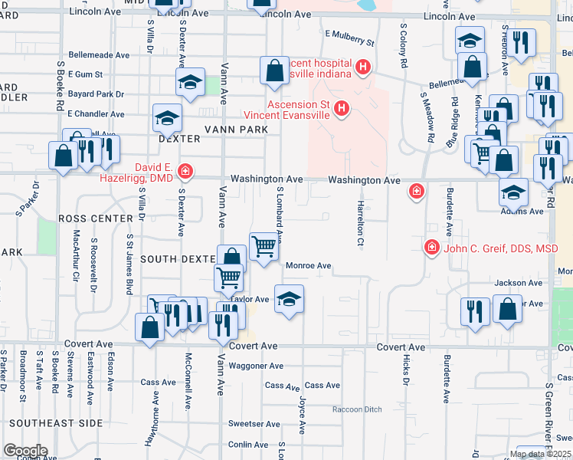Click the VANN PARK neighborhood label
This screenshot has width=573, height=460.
(235, 130)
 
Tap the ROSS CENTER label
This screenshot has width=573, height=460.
(96, 219)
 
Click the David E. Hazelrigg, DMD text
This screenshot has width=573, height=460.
(140, 172)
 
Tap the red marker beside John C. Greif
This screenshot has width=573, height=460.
(432, 248)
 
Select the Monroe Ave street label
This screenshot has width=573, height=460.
(308, 266)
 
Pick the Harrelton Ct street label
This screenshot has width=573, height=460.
(359, 224)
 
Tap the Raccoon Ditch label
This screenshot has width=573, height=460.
(357, 409)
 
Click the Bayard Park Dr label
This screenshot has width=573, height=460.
(96, 94)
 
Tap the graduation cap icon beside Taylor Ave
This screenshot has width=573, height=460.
(289, 299)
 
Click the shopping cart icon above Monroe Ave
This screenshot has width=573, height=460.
(264, 247)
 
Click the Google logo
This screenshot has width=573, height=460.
(25, 451)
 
